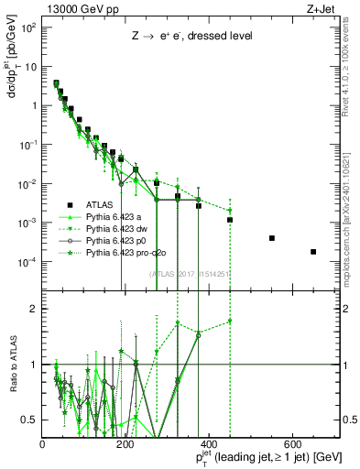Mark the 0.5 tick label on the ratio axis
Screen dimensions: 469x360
click(31, 420)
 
